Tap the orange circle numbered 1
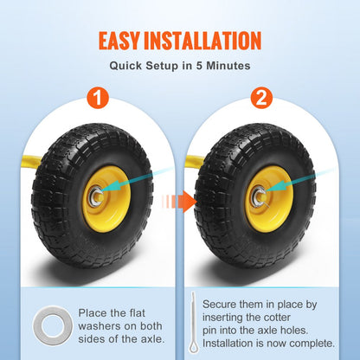tap(99, 99)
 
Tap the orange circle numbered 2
tap(260, 99)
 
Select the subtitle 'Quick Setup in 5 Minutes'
tap(179, 65)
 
